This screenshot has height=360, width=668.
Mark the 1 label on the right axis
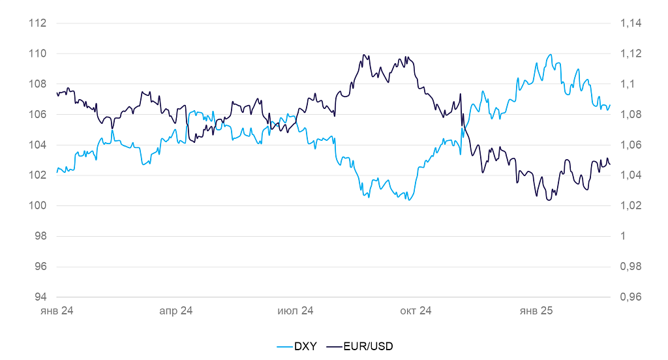click(x=622, y=236)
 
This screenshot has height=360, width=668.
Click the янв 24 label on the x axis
click(x=57, y=311)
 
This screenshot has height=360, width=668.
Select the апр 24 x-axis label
click(x=176, y=311)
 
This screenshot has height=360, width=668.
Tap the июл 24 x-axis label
click(x=296, y=311)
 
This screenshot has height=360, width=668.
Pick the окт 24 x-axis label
click(x=416, y=311)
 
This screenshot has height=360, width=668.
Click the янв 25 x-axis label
click(x=536, y=311)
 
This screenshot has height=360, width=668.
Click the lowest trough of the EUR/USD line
click(x=549, y=200)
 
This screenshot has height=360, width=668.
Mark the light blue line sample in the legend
click(x=284, y=346)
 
